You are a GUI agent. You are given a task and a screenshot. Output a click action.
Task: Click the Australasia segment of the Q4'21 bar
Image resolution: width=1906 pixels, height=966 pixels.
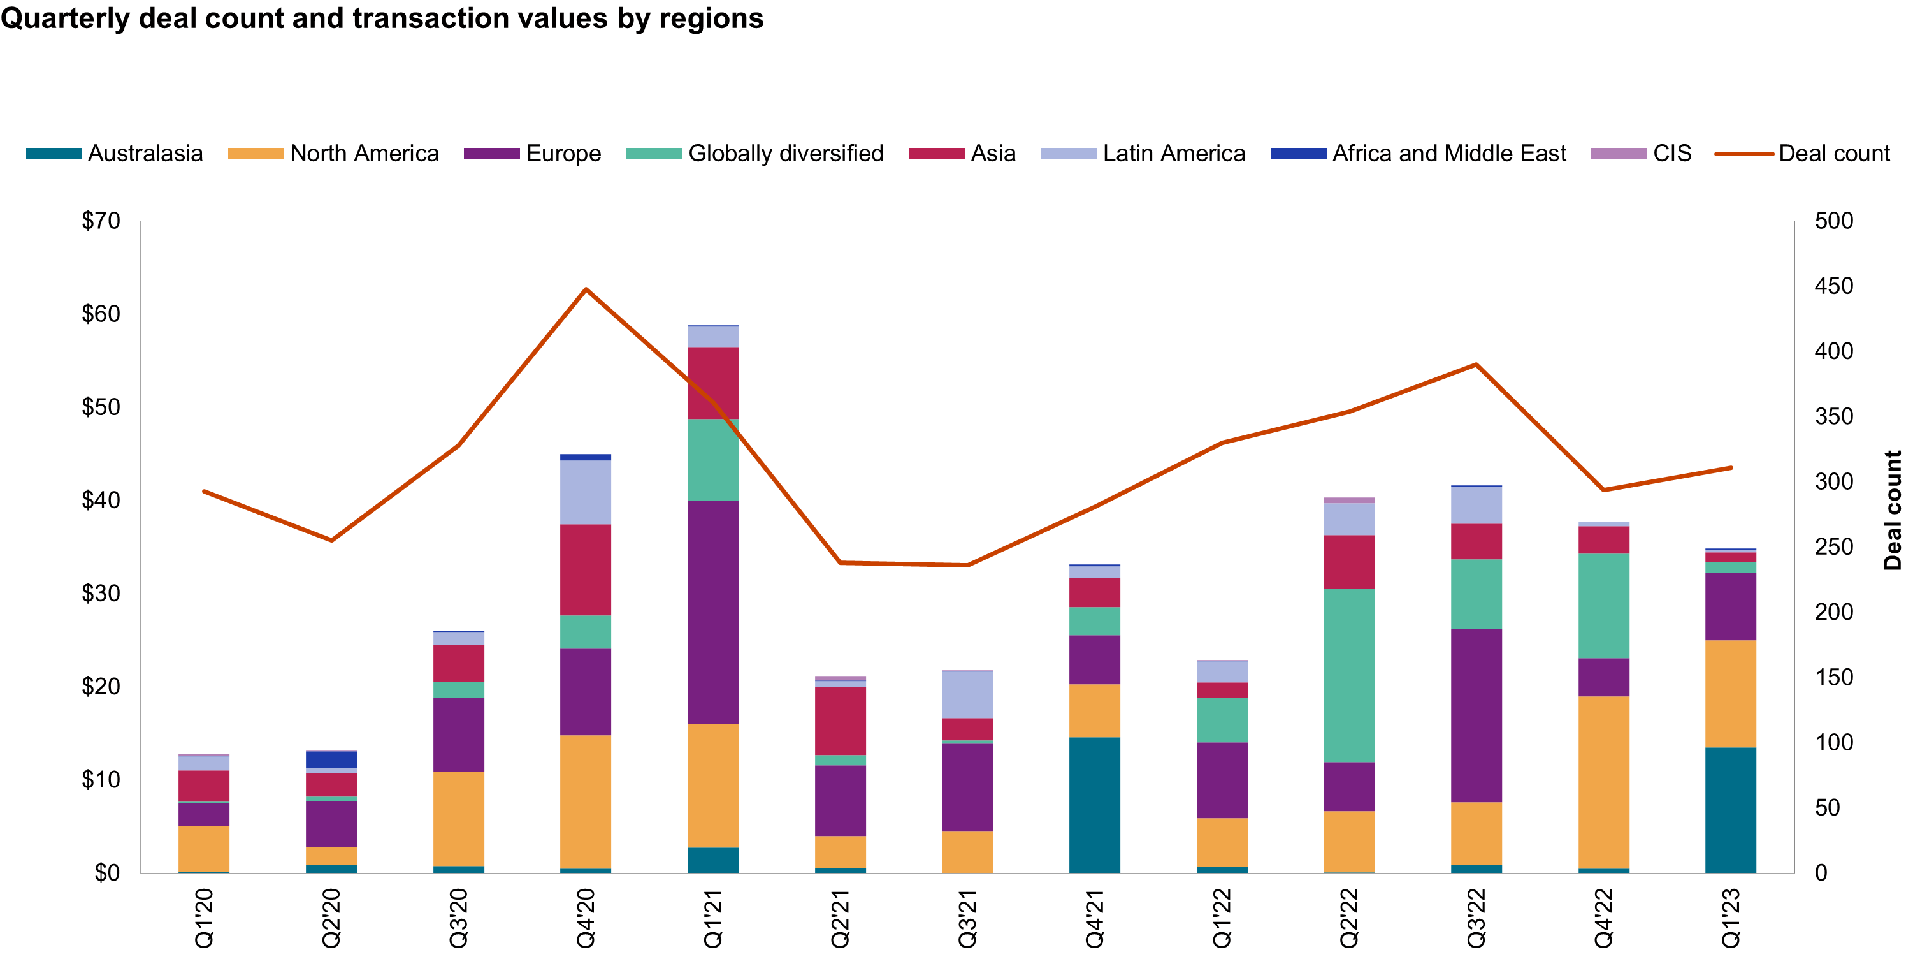point(1094,805)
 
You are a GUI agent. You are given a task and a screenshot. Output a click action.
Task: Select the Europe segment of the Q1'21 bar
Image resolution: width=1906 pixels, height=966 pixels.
point(712,612)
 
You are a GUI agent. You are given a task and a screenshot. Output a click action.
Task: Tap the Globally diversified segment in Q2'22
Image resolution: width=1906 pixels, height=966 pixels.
point(1349,675)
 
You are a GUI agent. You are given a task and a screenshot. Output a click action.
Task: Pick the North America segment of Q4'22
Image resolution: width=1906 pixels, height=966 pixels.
point(1603,782)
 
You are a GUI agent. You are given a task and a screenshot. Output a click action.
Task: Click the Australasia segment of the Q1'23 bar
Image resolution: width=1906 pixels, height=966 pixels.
point(1731,810)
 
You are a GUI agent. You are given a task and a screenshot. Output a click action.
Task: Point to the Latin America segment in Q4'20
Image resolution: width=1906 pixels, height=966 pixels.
point(585,492)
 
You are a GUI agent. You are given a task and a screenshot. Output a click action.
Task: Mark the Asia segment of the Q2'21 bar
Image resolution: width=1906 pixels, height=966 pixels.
point(840,721)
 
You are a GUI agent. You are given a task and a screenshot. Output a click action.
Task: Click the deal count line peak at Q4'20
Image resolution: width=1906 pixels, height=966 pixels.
point(585,289)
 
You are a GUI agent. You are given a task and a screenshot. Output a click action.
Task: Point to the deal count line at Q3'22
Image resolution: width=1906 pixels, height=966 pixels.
point(1476,364)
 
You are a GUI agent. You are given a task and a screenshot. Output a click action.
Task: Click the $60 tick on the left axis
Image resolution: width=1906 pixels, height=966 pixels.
point(101,314)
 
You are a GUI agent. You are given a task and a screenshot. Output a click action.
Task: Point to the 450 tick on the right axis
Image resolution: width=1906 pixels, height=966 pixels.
point(1833,286)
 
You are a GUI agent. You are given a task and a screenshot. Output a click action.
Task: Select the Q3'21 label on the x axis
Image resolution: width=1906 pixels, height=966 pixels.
point(967,918)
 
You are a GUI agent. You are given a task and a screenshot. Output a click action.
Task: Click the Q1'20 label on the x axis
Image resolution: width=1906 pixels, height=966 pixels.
point(203,918)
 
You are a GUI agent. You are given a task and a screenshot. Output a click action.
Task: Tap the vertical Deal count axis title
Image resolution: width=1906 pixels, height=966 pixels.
point(1892,510)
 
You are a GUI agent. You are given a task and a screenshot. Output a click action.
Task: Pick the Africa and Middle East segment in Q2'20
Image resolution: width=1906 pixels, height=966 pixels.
point(331,759)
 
